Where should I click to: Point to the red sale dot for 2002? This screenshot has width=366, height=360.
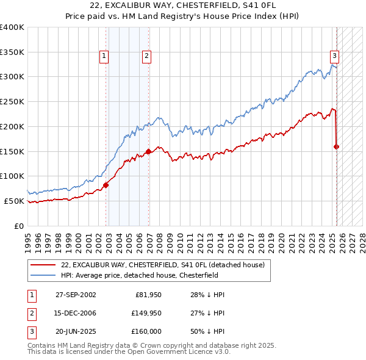click(106, 185)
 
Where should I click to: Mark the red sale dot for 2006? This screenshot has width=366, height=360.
click(148, 151)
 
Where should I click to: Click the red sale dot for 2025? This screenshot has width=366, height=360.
click(337, 146)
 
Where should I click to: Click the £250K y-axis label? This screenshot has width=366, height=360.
click(12, 101)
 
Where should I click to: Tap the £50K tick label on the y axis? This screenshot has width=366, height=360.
click(14, 201)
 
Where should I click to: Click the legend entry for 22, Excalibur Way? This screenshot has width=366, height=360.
click(162, 265)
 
